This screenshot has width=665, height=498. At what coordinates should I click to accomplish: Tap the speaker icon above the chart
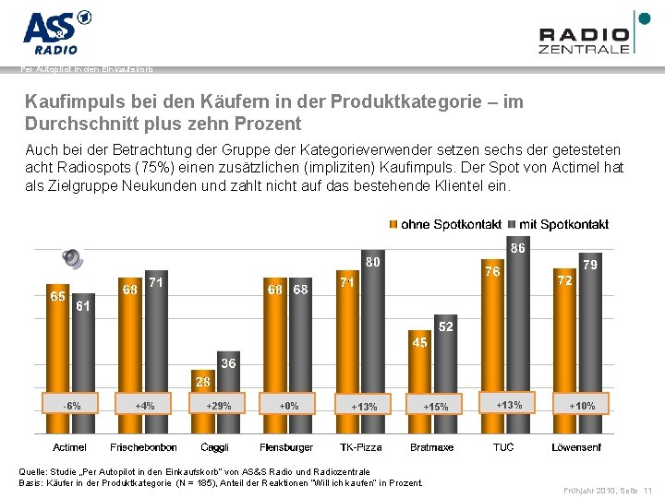(x=73, y=259)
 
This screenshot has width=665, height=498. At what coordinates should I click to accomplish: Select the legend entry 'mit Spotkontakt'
(x=558, y=224)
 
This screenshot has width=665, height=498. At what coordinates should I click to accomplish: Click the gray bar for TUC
(x=517, y=341)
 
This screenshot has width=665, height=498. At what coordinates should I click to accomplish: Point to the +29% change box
(x=218, y=405)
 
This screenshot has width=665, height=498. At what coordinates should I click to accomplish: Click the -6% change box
(x=70, y=405)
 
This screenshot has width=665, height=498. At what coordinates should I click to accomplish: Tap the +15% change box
(x=435, y=406)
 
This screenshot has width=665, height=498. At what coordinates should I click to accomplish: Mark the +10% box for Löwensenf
(x=582, y=405)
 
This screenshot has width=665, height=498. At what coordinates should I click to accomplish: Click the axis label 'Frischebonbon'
(x=143, y=447)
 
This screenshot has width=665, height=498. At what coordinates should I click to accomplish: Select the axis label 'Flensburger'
(x=287, y=447)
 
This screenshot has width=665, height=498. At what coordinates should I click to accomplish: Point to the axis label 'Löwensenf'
(x=577, y=447)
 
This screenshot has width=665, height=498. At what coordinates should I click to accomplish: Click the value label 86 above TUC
(x=518, y=248)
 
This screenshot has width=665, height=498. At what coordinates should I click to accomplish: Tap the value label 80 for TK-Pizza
(x=372, y=262)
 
